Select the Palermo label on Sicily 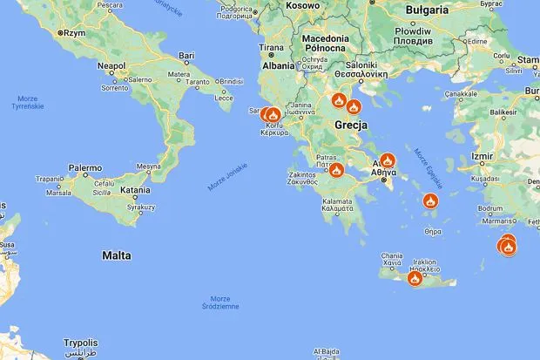pos(86,166)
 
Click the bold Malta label pos(116,255)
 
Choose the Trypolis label pos(80,343)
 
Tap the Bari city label pos(186,55)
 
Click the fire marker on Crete pos(415,278)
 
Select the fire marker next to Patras pos(336,170)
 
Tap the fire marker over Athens pos(388,160)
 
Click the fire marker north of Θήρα pos(430,202)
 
